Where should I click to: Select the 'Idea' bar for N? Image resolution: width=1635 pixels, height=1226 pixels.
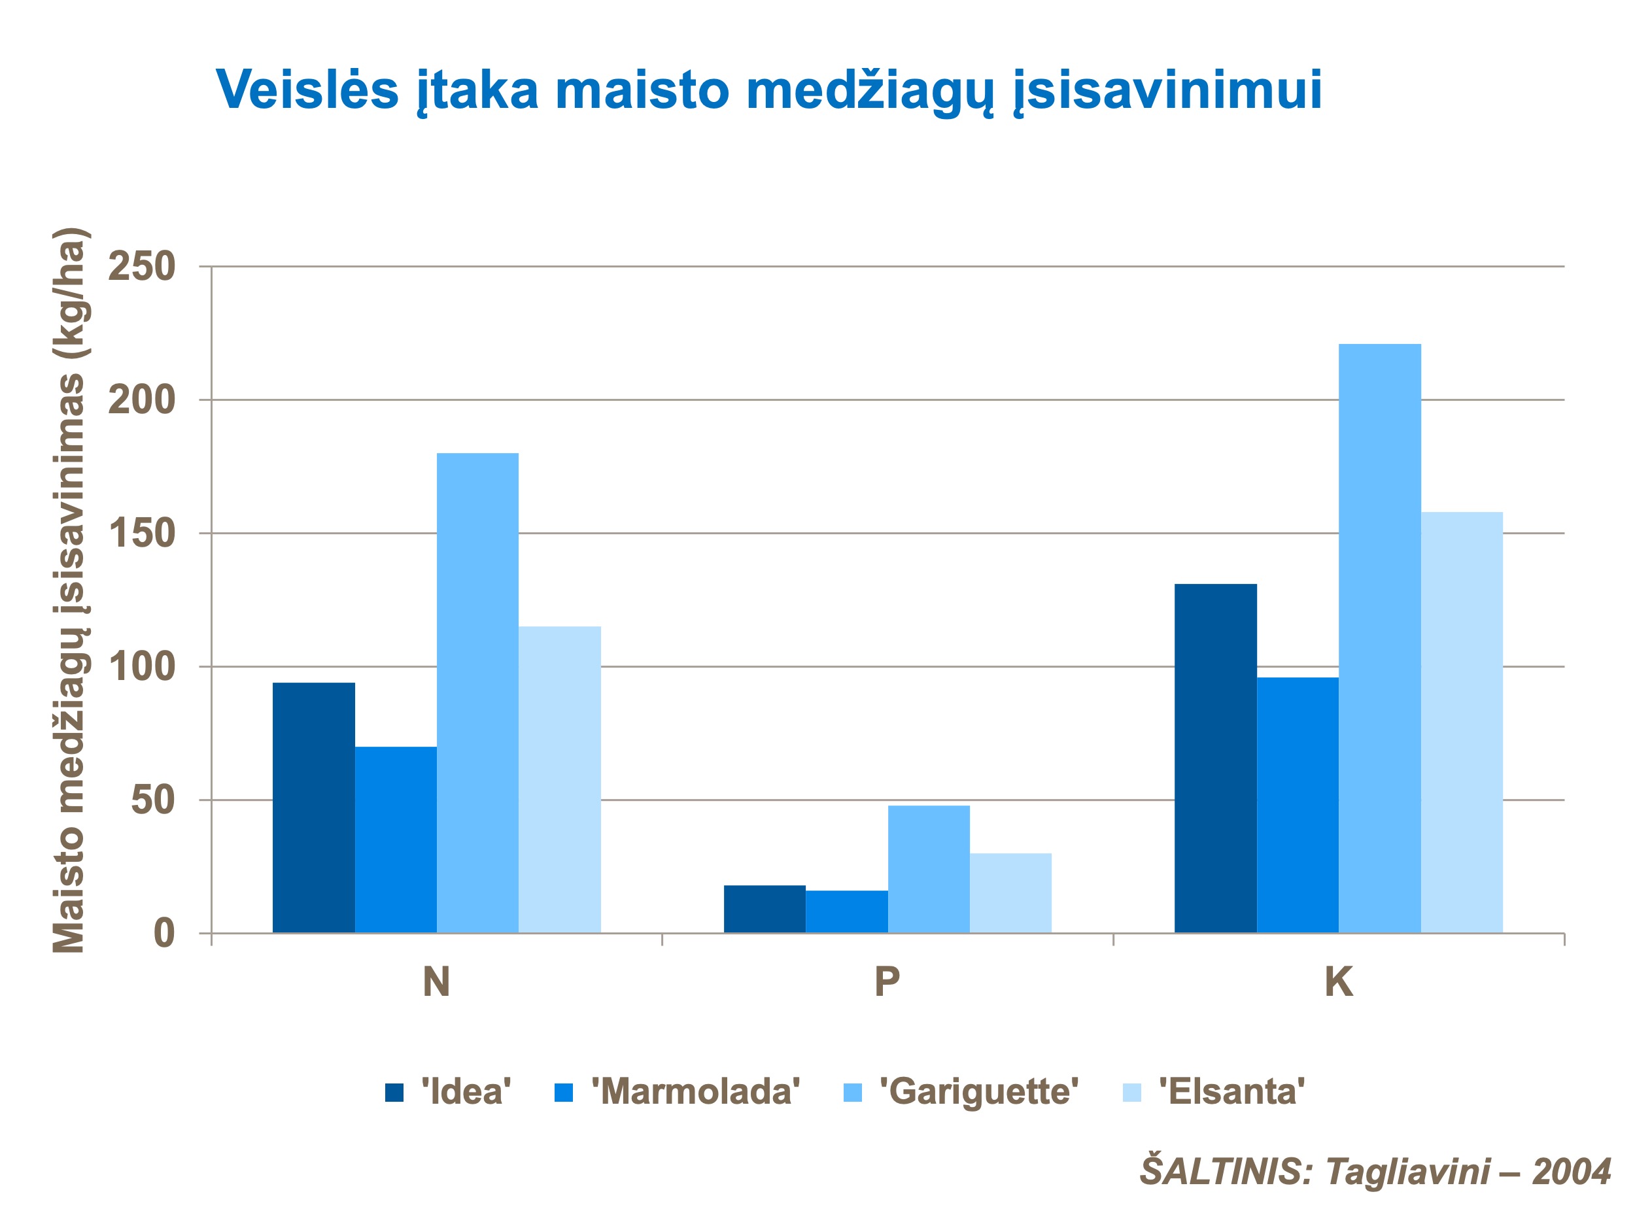[313, 808]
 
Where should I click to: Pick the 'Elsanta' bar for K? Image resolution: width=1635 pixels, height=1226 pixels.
[1461, 722]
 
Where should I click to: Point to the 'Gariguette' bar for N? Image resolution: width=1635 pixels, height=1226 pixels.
[477, 692]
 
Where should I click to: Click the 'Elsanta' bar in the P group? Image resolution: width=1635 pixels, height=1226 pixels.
[1010, 893]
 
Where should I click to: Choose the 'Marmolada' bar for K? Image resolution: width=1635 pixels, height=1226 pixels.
[1297, 805]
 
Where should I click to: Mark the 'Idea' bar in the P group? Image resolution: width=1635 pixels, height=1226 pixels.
[765, 909]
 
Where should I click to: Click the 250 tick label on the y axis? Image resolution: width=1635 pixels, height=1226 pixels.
[141, 267]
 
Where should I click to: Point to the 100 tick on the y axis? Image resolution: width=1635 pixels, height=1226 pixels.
[141, 666]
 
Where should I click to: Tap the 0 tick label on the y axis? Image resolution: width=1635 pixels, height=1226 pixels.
[163, 933]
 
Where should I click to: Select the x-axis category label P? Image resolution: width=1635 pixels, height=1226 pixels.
[887, 982]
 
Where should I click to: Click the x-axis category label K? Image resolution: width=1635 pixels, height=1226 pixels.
[1339, 982]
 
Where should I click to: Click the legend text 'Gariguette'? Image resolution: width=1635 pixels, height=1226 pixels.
[978, 1091]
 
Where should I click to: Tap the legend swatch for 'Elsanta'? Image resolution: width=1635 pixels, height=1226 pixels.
[1131, 1092]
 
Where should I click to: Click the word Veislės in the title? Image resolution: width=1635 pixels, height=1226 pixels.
[307, 90]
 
